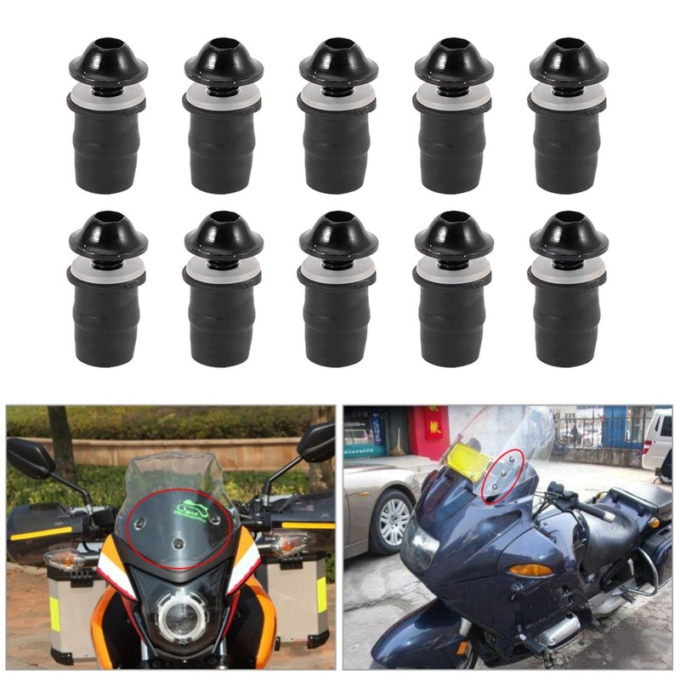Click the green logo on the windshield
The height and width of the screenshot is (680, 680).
coord(192,511)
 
